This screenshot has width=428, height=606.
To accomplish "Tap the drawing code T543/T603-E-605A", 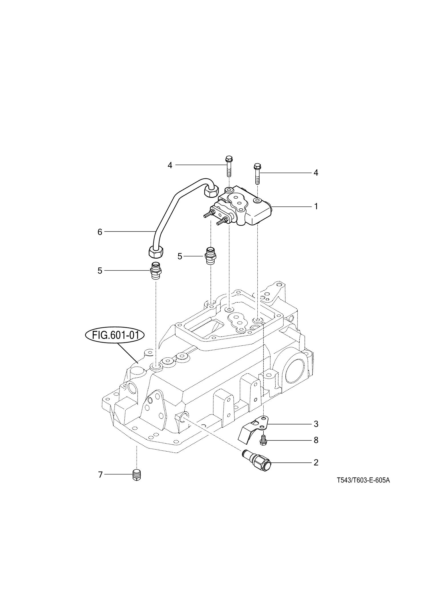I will pos(363,480).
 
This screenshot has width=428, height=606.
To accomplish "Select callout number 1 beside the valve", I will pos(316,206).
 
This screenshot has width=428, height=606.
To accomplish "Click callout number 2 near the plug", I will pos(316,462).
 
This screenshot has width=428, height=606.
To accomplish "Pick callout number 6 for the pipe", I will pos(100,232).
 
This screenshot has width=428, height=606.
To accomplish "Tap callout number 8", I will pos(316,440).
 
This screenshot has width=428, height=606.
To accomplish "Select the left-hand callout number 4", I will pos(170,165).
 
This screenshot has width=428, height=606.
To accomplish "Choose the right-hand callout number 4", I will pos(316,173).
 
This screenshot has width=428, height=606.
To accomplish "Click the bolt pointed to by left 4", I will pos(229,167).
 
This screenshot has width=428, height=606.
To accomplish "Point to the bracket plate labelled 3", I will pos(254,430).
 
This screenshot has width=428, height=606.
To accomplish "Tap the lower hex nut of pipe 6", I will pos(156,251).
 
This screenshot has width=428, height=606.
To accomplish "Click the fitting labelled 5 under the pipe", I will pos(156,270).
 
